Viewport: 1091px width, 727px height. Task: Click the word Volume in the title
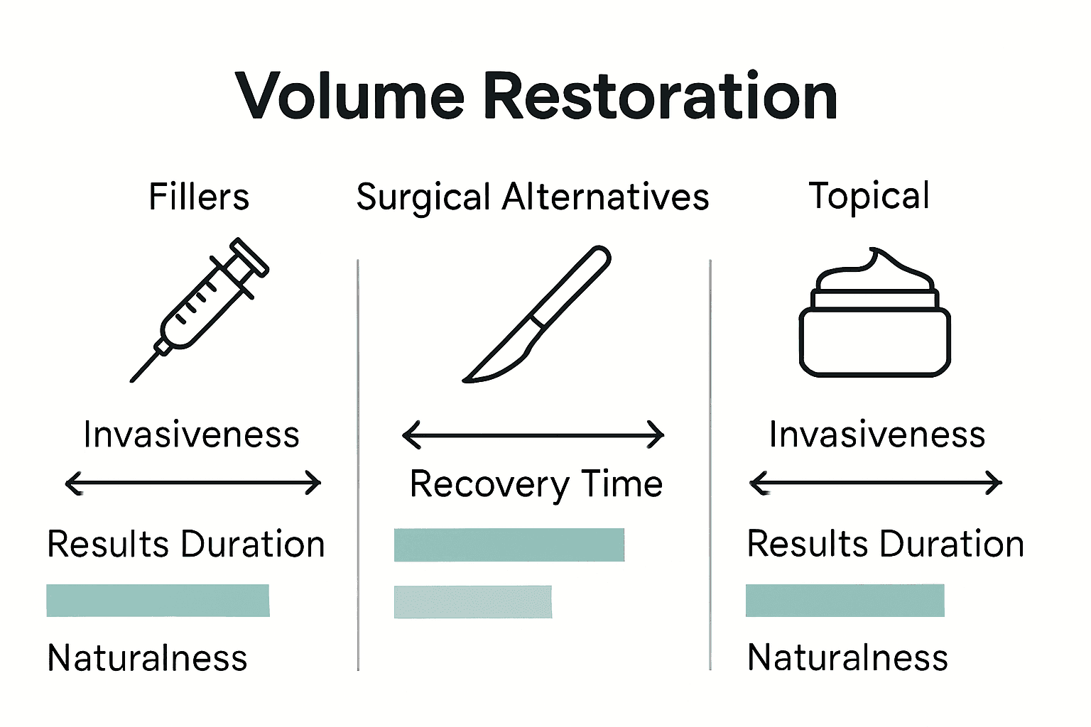349,97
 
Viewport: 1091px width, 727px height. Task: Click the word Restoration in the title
660,97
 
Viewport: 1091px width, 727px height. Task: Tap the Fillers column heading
199,197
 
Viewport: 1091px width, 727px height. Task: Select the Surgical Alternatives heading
533,197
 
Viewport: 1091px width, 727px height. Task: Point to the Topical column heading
869,196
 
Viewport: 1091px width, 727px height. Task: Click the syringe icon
200,309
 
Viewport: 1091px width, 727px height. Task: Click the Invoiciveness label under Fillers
191,434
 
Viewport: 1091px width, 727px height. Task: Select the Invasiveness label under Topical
877,434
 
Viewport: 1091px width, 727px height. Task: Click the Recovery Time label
536,485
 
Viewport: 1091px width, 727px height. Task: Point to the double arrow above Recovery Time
533,434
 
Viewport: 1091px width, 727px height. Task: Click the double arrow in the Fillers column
192,483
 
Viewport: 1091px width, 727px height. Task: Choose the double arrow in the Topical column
875,483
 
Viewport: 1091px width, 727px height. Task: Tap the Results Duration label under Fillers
185,545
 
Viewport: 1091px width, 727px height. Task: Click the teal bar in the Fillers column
158,601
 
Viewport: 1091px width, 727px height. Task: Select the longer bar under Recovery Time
509,545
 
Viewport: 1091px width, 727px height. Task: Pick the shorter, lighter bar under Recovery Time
472,602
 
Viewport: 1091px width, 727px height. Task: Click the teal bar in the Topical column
845,601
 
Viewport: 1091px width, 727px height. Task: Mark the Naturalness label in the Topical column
847,657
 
